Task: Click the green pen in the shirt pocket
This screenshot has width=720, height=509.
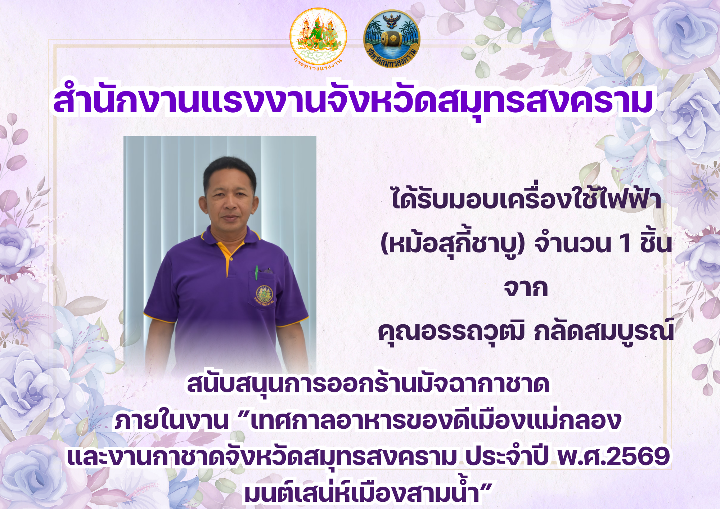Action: pos(257,273)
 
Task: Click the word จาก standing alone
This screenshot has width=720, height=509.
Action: pos(526,288)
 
